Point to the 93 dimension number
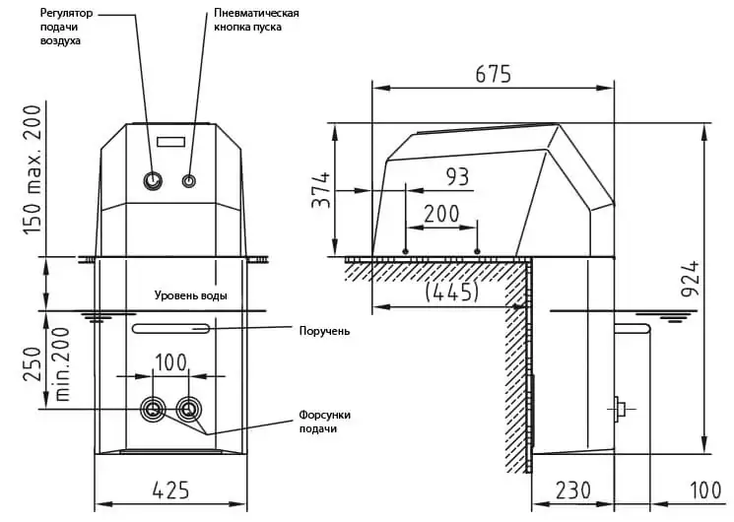pos(457,177)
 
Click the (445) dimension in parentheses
pos(451,293)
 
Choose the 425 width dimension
pos(171,489)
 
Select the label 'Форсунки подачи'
pos(324,422)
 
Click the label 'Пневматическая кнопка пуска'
pos(256,21)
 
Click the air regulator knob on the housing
pos(154,181)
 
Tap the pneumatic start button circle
pos(189,181)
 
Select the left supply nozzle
pos(154,410)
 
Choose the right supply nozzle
pos(187,410)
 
